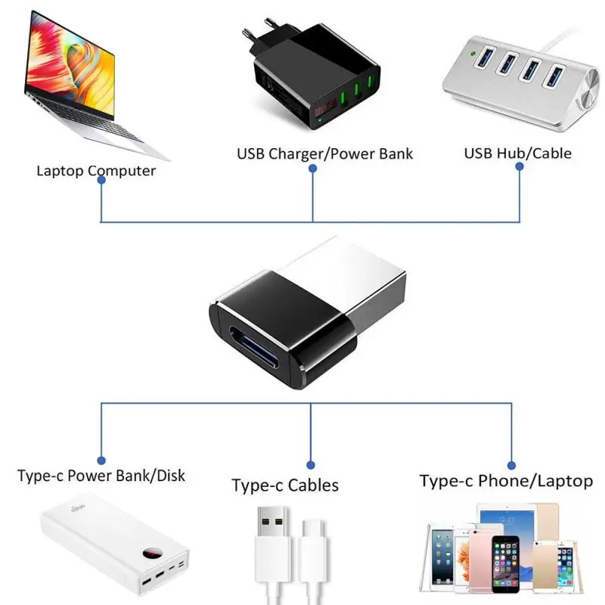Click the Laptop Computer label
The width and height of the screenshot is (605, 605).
click(96, 171)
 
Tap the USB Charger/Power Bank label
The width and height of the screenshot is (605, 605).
click(325, 154)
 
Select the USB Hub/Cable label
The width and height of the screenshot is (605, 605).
click(517, 154)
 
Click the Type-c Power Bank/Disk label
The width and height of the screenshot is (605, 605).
click(101, 476)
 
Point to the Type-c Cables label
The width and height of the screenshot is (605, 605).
click(285, 486)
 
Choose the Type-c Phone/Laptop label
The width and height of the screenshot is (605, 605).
click(506, 481)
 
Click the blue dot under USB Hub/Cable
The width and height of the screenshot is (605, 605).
click(520, 168)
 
